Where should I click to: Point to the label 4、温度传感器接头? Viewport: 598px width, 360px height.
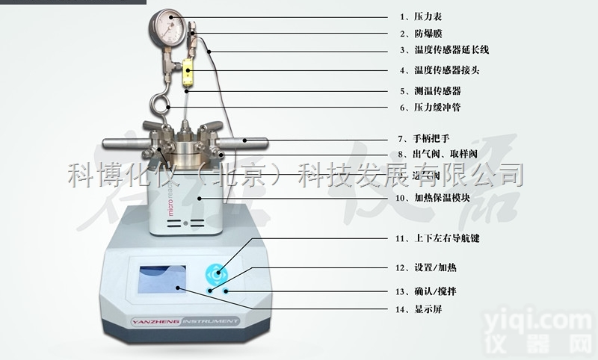click(437, 71)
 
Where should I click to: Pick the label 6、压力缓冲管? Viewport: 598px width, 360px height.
click(427, 108)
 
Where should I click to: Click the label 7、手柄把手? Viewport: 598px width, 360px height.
click(422, 138)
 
